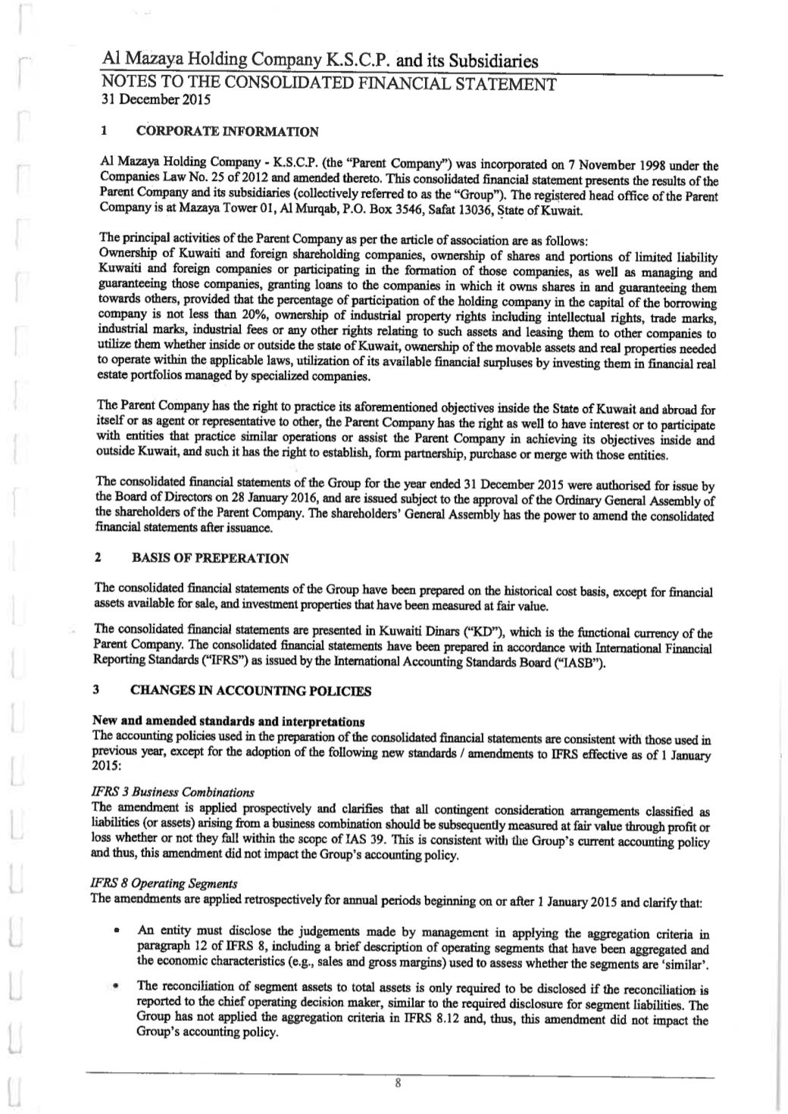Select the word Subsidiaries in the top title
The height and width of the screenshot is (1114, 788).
coord(490,60)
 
